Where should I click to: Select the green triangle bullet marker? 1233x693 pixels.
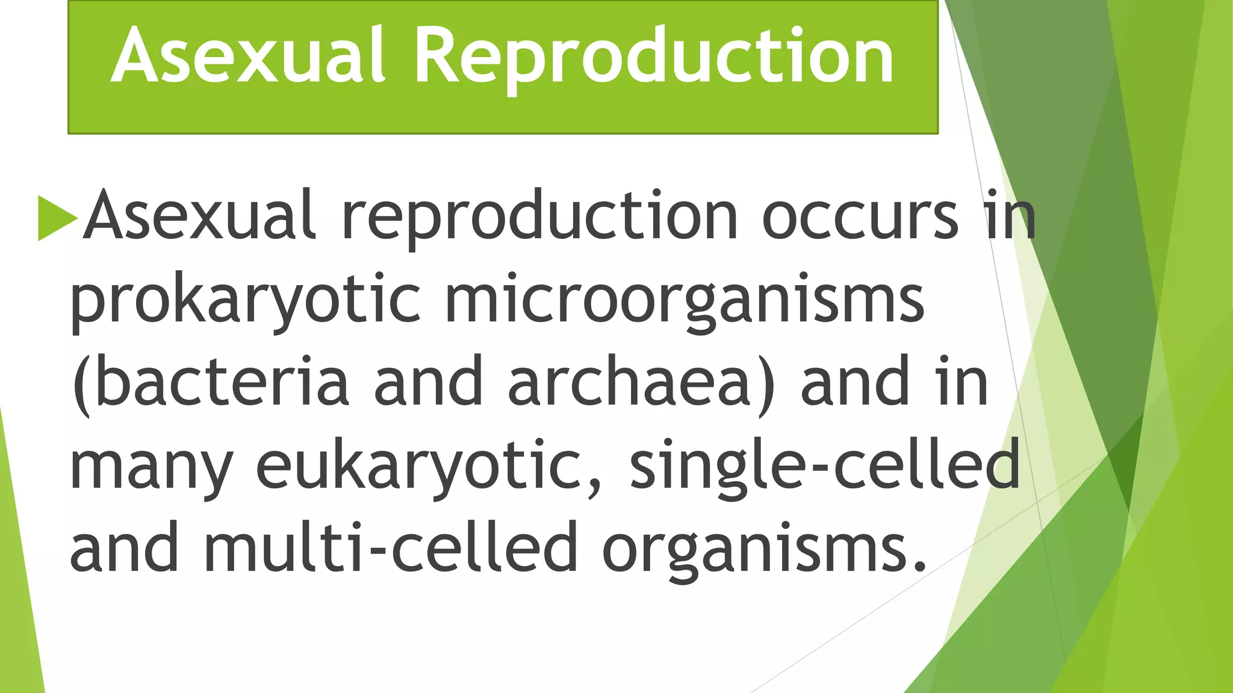[x=57, y=217]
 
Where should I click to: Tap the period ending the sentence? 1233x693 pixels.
[x=919, y=565]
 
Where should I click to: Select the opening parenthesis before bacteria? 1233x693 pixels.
[x=81, y=385]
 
